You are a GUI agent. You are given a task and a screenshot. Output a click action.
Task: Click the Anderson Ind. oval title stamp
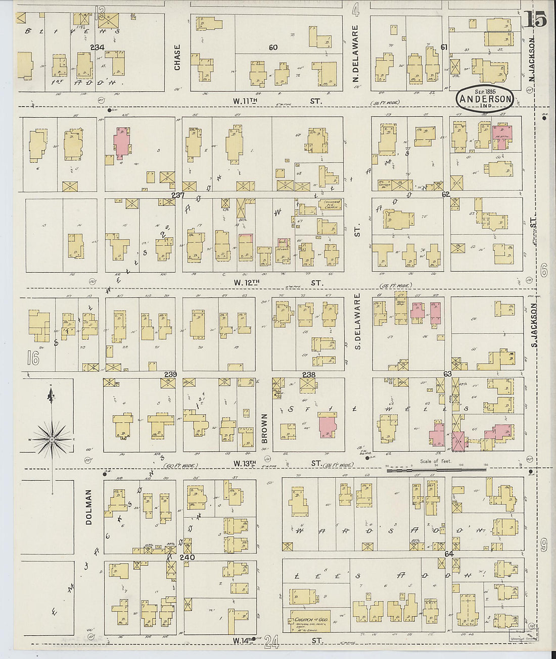click(485, 98)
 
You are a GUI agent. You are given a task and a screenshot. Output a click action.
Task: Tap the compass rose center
click(52, 439)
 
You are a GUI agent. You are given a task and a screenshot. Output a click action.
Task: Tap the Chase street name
click(177, 57)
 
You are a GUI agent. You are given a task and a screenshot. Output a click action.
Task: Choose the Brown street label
click(264, 429)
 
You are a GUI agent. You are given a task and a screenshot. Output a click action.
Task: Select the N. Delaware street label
click(355, 54)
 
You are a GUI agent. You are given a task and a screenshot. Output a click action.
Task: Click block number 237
click(178, 195)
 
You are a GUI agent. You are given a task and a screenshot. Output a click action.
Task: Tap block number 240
click(187, 557)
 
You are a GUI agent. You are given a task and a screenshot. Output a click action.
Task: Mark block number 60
click(273, 47)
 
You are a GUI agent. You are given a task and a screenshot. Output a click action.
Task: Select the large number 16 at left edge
click(33, 359)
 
